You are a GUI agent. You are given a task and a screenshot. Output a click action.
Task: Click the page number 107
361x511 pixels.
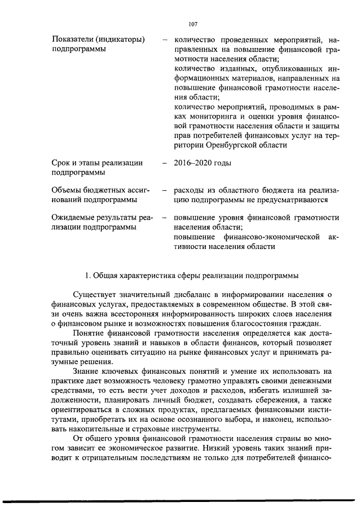(192, 24)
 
